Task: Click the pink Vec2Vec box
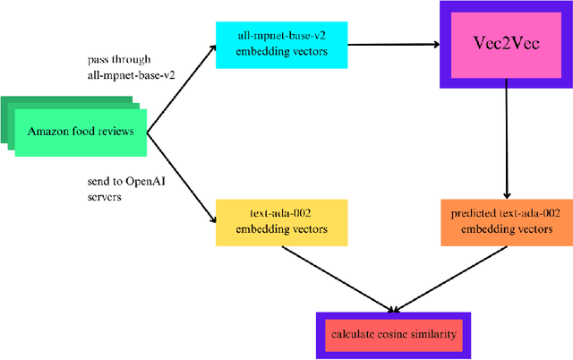coord(507,43)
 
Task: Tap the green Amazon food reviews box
coord(80,132)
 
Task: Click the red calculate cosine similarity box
coord(394,335)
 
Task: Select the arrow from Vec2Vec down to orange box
coord(507,139)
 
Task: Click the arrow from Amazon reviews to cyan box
coord(182,90)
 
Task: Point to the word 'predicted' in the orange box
coord(467,214)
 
